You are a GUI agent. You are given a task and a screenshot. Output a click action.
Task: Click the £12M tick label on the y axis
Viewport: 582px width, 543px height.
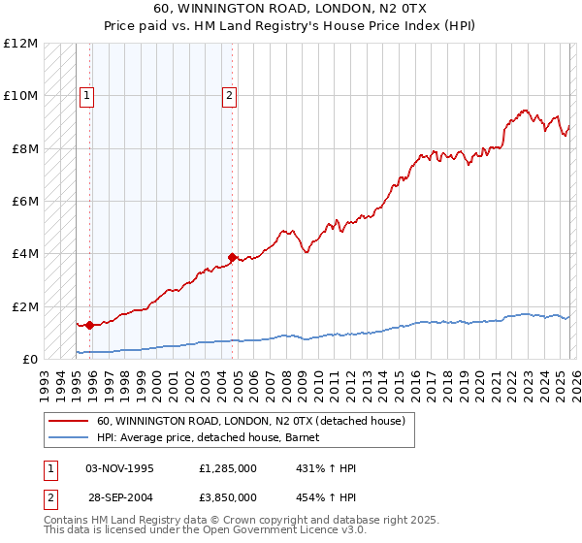pyautogui.click(x=19, y=44)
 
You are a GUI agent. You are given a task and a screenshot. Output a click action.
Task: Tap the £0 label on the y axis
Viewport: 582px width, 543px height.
pyautogui.click(x=29, y=360)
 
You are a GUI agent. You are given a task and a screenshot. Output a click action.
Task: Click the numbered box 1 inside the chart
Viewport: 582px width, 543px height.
pyautogui.click(x=87, y=95)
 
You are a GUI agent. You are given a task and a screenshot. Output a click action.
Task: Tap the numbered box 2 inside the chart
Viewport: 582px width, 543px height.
pyautogui.click(x=229, y=95)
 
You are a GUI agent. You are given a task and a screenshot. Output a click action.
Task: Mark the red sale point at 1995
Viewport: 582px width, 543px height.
pyautogui.click(x=89, y=326)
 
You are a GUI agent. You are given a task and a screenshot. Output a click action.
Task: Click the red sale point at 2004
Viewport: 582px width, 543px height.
pyautogui.click(x=233, y=257)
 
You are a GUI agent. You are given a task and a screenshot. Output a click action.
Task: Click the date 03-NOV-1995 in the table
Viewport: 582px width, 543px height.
pyautogui.click(x=120, y=468)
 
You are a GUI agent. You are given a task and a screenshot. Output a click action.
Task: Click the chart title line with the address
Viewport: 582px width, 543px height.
pyautogui.click(x=290, y=8)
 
